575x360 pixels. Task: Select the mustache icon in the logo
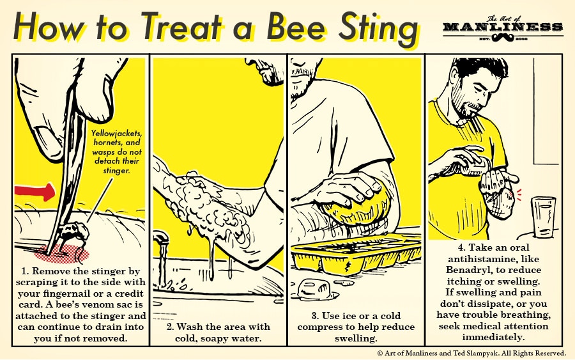pyautogui.click(x=503, y=38)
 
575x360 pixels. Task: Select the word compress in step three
pyautogui.click(x=330, y=327)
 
